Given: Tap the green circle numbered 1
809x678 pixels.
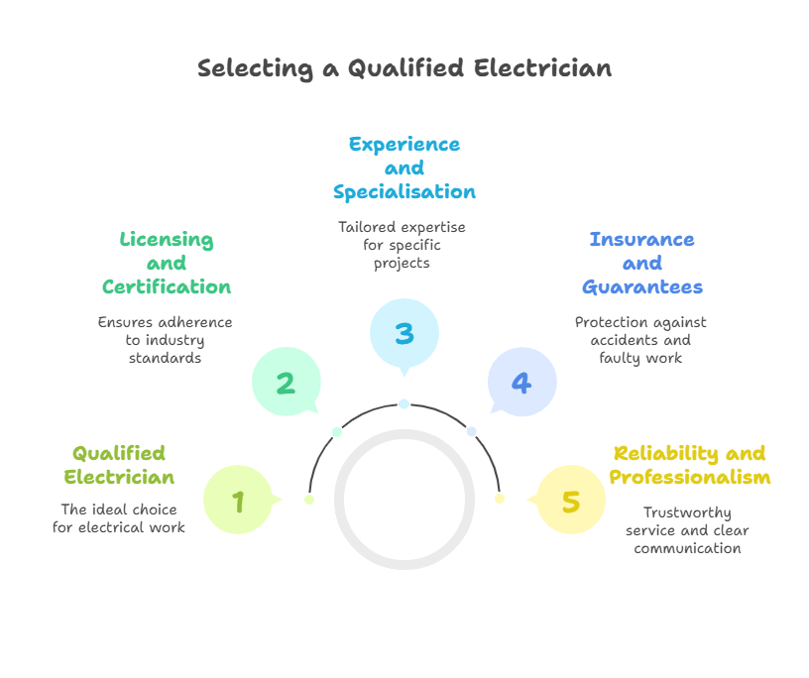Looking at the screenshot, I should click(x=238, y=501).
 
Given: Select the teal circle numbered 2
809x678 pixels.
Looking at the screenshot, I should click(x=286, y=383).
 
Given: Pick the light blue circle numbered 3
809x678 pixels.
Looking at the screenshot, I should click(x=404, y=333).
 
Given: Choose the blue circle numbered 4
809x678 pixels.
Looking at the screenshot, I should click(x=521, y=383).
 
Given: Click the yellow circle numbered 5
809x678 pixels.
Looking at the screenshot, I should click(x=570, y=501).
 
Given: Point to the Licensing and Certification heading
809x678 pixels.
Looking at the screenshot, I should click(x=167, y=264).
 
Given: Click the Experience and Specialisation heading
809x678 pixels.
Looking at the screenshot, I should click(x=404, y=168).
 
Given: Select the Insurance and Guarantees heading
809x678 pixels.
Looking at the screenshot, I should click(x=641, y=264).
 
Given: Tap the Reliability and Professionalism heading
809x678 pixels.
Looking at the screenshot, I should click(x=689, y=465).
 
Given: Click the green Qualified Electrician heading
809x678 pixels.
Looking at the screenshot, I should click(x=119, y=465).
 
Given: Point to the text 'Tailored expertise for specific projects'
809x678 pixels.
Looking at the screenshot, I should click(x=402, y=245).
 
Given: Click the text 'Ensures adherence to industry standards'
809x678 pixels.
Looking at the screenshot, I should click(x=165, y=339).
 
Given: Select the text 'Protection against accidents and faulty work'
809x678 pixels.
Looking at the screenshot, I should click(x=640, y=339).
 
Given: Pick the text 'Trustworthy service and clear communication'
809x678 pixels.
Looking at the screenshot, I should click(x=687, y=530).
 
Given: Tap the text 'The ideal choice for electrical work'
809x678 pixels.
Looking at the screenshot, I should click(x=119, y=518).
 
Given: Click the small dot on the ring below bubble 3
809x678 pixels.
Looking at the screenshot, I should click(x=404, y=403).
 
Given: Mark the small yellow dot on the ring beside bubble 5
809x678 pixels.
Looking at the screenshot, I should click(x=500, y=498).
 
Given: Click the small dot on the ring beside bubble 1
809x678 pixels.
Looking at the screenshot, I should click(x=309, y=499).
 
